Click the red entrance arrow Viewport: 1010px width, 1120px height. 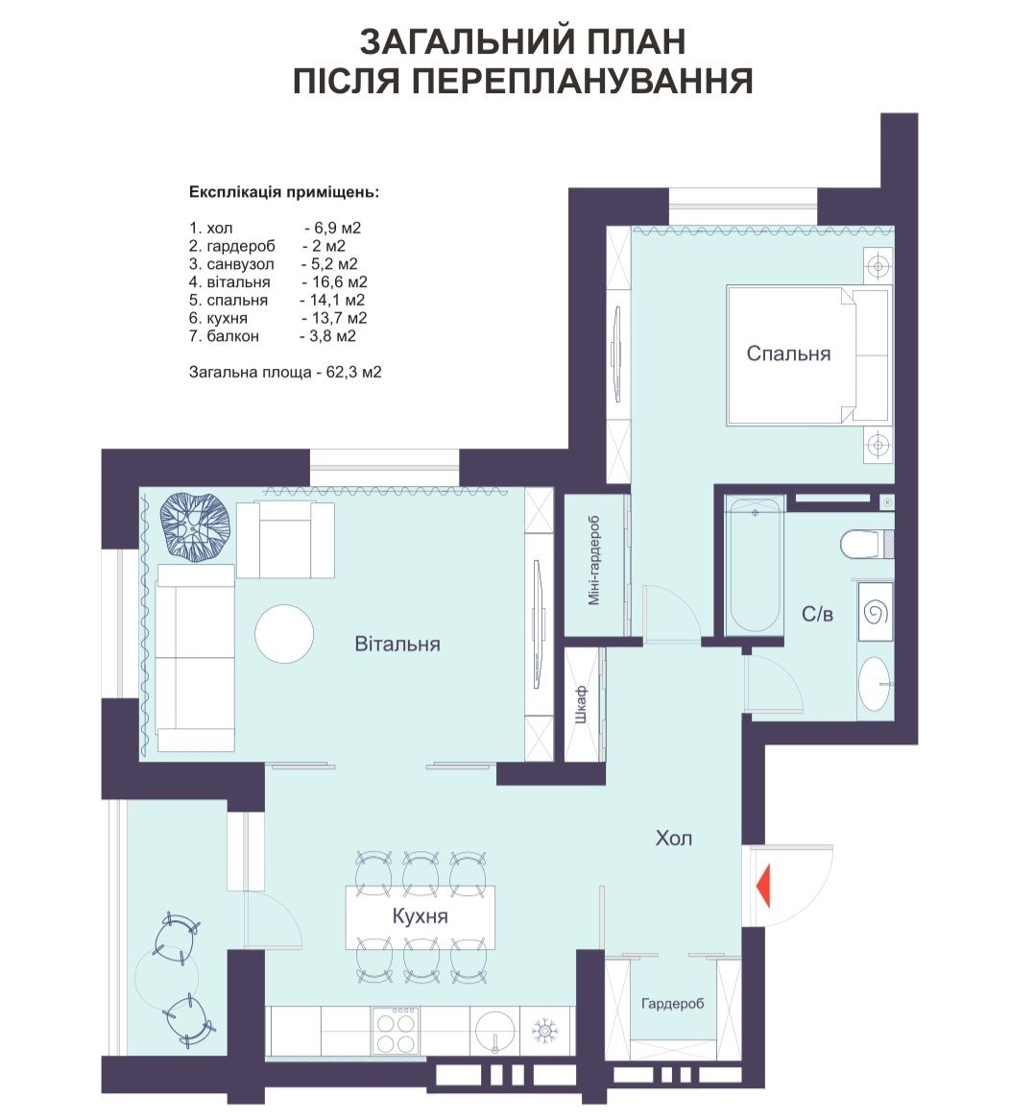click(x=764, y=887)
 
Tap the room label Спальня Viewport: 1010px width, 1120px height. click(x=788, y=353)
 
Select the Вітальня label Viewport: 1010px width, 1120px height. click(x=397, y=645)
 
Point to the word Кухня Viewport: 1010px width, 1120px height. click(x=420, y=916)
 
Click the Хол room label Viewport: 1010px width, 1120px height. click(x=674, y=838)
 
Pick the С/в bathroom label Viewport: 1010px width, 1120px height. click(x=817, y=615)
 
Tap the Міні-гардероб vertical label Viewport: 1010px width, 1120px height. click(x=594, y=561)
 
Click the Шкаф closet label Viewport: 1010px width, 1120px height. click(x=581, y=704)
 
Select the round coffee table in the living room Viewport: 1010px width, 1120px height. click(x=284, y=634)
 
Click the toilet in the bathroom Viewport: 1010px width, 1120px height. click(x=864, y=544)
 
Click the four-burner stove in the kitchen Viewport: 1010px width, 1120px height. click(x=395, y=1030)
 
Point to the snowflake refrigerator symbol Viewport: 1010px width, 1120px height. click(x=546, y=1031)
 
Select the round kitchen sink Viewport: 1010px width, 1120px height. click(x=494, y=1030)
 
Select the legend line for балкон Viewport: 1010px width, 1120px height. click(x=272, y=336)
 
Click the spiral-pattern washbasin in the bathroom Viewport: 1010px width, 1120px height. click(x=875, y=613)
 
